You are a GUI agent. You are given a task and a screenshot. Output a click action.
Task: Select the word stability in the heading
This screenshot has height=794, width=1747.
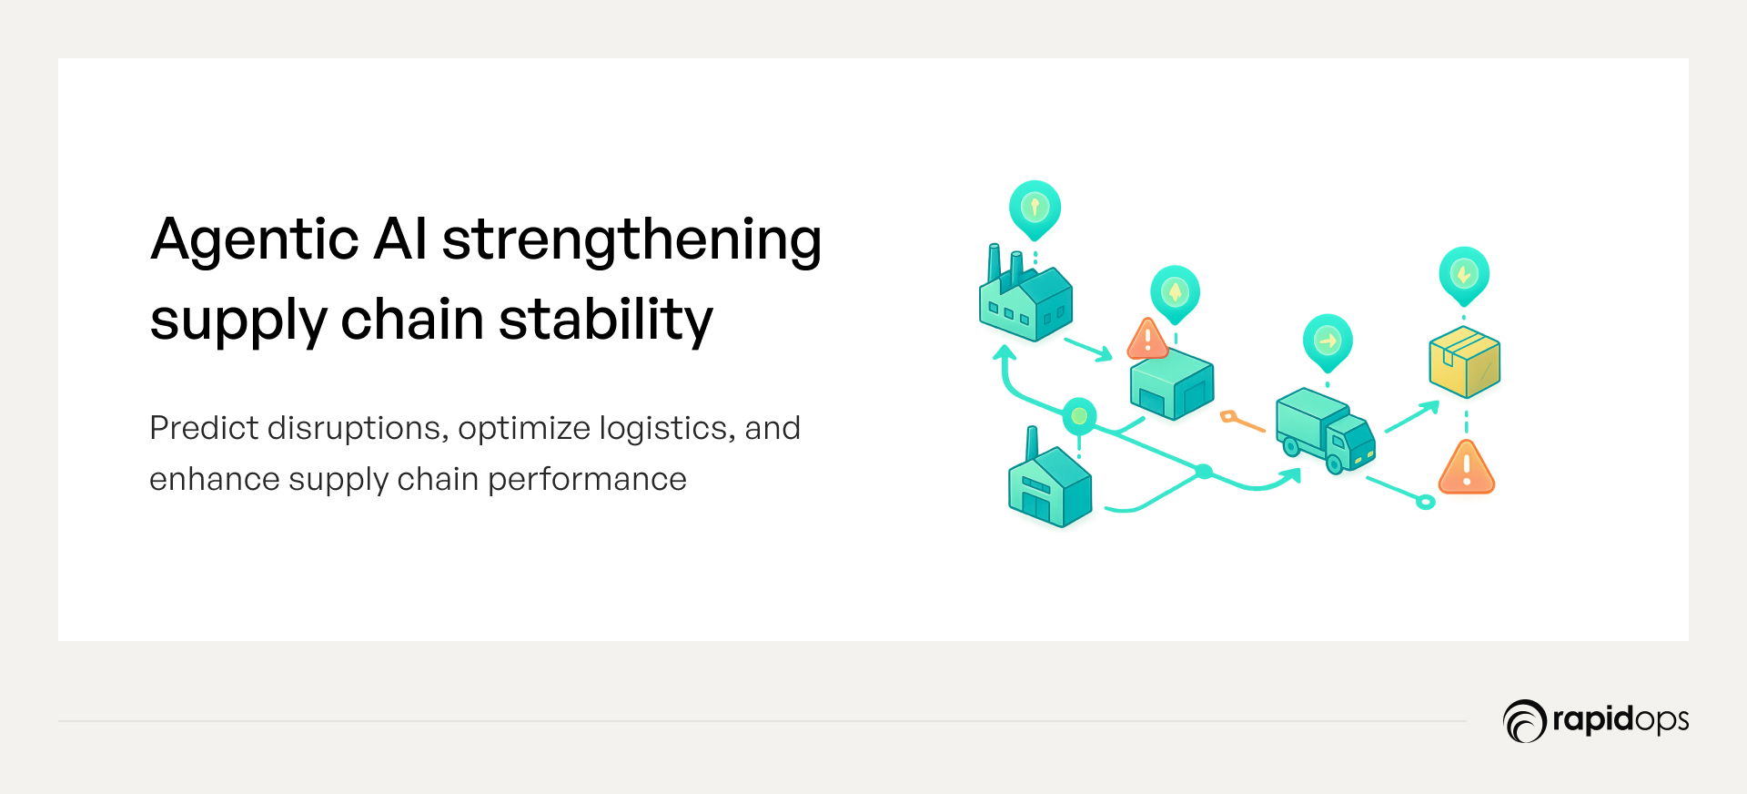pos(606,321)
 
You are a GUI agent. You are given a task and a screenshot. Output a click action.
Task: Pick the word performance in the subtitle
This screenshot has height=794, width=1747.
pos(587,480)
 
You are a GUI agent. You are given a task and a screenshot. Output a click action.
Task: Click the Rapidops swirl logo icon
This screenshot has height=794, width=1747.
pos(1524,721)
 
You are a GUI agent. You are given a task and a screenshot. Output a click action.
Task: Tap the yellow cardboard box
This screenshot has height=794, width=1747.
pos(1464,361)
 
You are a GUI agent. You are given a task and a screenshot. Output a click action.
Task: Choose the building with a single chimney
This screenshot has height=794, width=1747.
pos(1049,480)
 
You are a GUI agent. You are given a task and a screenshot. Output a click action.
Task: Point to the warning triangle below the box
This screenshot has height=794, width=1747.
pos(1467,468)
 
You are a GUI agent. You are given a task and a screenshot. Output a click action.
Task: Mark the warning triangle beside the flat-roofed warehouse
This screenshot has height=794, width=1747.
pos(1147,339)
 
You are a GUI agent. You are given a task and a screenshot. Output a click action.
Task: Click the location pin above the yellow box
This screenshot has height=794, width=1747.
pos(1464,276)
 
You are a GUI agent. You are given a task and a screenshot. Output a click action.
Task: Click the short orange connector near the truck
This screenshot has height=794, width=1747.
pos(1243,422)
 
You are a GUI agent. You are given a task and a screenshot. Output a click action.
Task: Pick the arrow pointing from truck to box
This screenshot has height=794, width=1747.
pos(1412,416)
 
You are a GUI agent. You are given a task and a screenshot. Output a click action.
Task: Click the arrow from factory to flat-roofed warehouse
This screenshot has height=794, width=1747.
pos(1088,350)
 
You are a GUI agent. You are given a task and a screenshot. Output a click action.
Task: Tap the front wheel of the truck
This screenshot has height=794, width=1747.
pos(1335,464)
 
